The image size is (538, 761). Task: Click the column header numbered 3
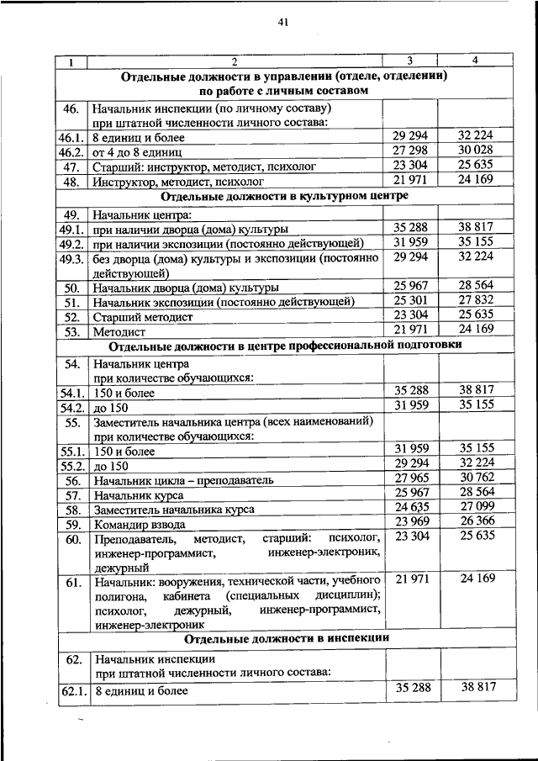pyautogui.click(x=409, y=61)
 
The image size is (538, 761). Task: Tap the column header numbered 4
pyautogui.click(x=476, y=61)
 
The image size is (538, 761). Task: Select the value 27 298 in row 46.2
pyautogui.click(x=410, y=150)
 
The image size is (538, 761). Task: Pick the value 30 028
pyautogui.click(x=476, y=150)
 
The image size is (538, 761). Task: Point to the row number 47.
pyautogui.click(x=71, y=166)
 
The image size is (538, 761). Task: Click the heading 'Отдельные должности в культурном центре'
pyautogui.click(x=283, y=196)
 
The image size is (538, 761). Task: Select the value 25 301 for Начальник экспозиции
pyautogui.click(x=410, y=300)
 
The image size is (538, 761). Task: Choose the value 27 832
pyautogui.click(x=476, y=300)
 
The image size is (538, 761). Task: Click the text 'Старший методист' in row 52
pyautogui.click(x=143, y=317)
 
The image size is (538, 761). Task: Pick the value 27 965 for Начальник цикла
pyautogui.click(x=410, y=478)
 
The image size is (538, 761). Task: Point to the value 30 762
pyautogui.click(x=476, y=478)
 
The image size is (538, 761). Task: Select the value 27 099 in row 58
pyautogui.click(x=476, y=508)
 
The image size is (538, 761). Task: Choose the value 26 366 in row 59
pyautogui.click(x=476, y=523)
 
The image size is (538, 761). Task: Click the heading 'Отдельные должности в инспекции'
pyautogui.click(x=282, y=638)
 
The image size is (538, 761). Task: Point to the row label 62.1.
pyautogui.click(x=73, y=691)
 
